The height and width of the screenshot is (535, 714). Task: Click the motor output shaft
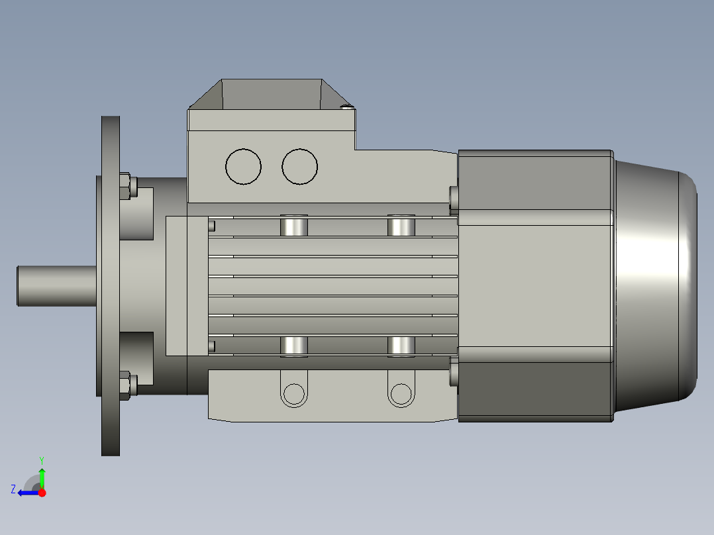[57, 285]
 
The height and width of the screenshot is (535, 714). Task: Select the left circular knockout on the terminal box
[243, 166]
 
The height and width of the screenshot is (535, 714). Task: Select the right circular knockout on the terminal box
[299, 166]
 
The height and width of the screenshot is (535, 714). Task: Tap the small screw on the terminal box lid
[346, 106]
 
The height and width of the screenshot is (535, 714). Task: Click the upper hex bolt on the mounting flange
[125, 186]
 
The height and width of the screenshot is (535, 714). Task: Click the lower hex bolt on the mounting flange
[125, 386]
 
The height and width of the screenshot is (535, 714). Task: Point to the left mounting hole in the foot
[293, 395]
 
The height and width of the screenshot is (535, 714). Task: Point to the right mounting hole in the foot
[400, 395]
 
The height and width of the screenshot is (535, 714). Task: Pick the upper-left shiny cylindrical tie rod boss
[293, 226]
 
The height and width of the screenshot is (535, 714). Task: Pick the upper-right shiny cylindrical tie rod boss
[401, 226]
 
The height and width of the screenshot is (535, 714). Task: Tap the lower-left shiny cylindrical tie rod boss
[293, 346]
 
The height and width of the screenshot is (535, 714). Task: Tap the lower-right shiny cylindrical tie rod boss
[401, 346]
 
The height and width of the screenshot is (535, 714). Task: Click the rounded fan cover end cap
[656, 285]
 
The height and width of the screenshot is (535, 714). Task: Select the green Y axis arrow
[42, 475]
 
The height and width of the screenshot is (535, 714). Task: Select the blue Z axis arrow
[26, 493]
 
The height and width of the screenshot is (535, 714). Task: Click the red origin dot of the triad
[42, 493]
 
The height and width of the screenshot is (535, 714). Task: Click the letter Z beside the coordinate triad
[13, 489]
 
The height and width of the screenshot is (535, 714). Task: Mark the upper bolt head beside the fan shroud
[454, 197]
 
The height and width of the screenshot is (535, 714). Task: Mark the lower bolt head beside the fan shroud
[454, 375]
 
